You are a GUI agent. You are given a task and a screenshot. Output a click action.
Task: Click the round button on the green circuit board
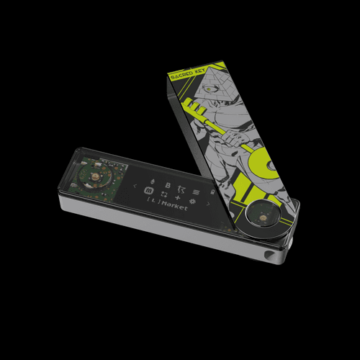click(x=94, y=175)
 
